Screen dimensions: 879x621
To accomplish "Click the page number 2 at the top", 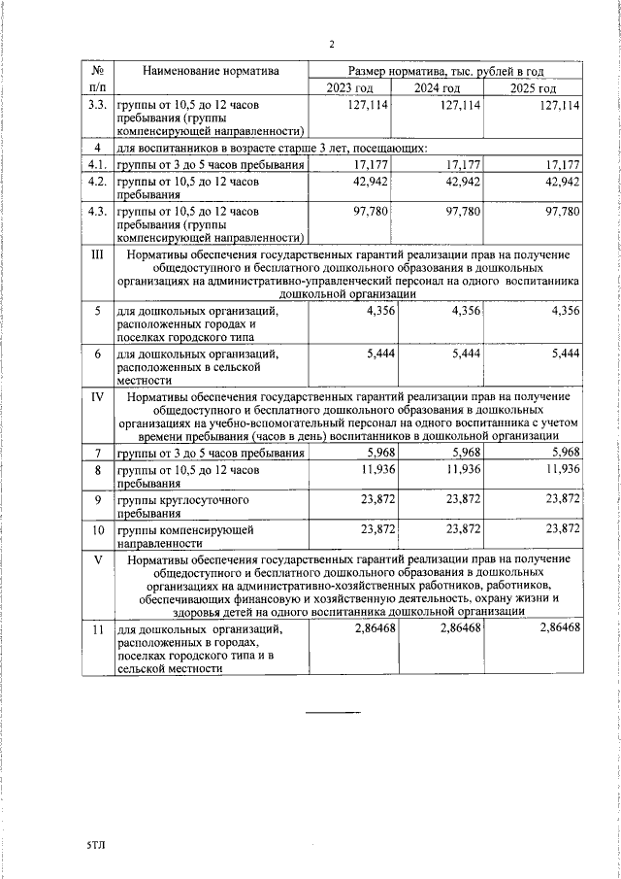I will [332, 44].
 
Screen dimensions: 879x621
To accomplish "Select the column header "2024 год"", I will [438, 89].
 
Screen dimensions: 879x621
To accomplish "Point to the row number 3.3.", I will [97, 105].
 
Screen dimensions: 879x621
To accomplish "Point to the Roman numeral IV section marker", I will [97, 397].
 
